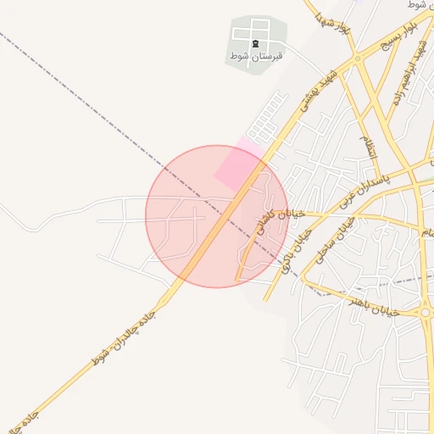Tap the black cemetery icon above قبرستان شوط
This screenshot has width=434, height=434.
[256, 42]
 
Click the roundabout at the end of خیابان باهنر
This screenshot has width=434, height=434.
[426, 313]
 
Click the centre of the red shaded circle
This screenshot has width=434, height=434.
[216, 216]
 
